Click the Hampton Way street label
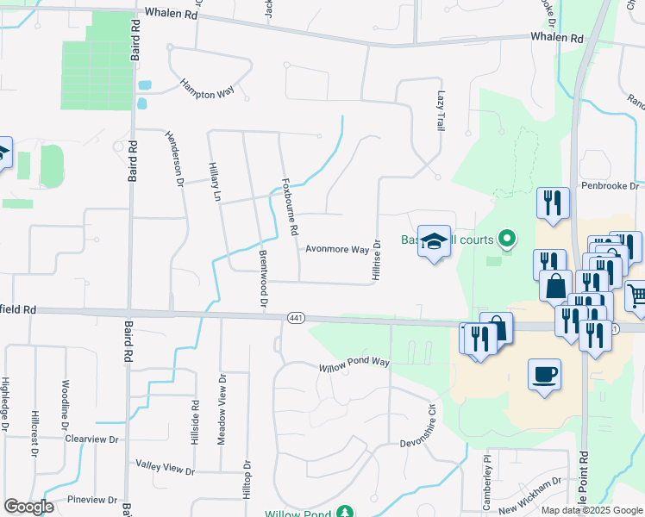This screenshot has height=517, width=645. [x=207, y=89]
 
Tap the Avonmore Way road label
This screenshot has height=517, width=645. [x=337, y=249]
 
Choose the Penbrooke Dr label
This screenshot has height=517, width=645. [x=610, y=185]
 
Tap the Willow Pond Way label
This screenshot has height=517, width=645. [x=354, y=361]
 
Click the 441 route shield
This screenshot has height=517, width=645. [x=295, y=319]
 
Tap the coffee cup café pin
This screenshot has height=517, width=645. [x=544, y=375]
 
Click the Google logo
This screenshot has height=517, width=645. [x=28, y=507]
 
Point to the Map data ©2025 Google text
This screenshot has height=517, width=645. [x=591, y=510]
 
